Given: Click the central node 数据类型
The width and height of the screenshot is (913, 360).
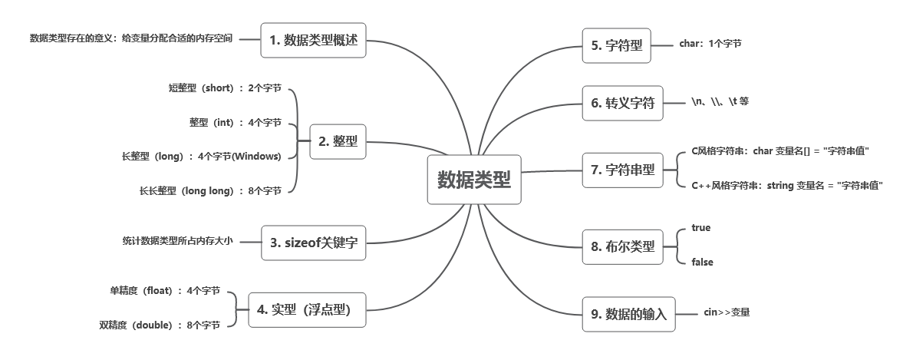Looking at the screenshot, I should pyautogui.click(x=473, y=180).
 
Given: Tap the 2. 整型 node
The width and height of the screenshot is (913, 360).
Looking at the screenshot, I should pyautogui.click(x=338, y=141).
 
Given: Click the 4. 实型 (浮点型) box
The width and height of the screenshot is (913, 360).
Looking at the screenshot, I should pyautogui.click(x=305, y=309).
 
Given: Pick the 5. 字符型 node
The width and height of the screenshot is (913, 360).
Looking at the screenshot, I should pyautogui.click(x=616, y=45).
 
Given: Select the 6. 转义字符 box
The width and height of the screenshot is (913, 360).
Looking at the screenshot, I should pyautogui.click(x=621, y=104).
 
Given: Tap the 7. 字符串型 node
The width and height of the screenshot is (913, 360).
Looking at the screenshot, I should pyautogui.click(x=622, y=170).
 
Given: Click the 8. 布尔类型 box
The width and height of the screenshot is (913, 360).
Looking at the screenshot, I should pyautogui.click(x=622, y=246).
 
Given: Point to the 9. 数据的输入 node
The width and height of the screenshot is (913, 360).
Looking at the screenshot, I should pyautogui.click(x=628, y=313).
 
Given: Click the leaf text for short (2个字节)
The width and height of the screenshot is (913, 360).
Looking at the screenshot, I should pyautogui.click(x=225, y=88).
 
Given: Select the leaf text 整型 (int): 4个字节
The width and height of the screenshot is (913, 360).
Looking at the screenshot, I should pyautogui.click(x=225, y=122).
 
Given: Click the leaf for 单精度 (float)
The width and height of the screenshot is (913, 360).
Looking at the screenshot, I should pyautogui.click(x=165, y=291).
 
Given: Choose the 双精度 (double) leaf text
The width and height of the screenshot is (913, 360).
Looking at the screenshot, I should pyautogui.click(x=160, y=325).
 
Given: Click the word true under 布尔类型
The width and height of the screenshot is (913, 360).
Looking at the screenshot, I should pyautogui.click(x=701, y=228).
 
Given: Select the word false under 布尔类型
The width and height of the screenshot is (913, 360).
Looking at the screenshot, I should pyautogui.click(x=702, y=262).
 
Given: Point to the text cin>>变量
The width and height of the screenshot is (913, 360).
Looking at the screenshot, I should pyautogui.click(x=727, y=312).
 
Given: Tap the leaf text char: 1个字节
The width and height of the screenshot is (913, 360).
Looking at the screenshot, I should pyautogui.click(x=710, y=44).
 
